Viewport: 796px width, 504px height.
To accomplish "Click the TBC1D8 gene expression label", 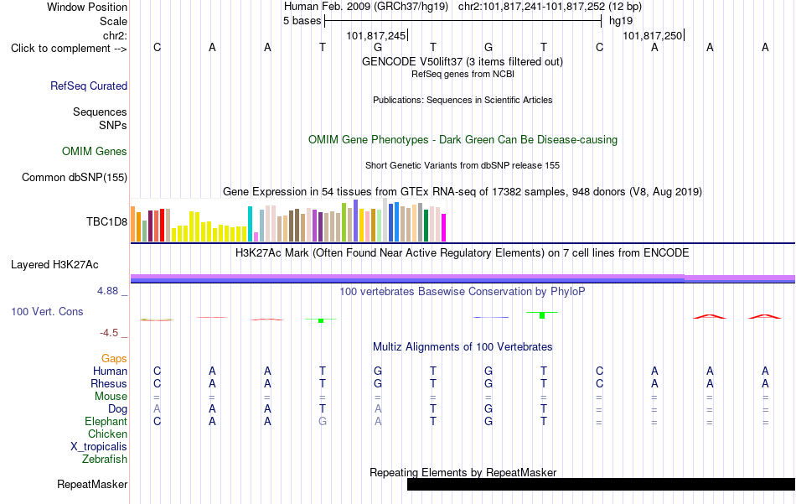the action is (106, 221).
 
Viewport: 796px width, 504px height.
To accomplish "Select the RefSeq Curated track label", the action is (89, 86).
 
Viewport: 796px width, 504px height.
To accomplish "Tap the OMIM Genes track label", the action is (95, 152).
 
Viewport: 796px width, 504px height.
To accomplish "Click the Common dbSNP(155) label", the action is (75, 177).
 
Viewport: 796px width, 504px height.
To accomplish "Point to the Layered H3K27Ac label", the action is (54, 265).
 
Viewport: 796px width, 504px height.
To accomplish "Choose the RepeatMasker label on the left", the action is (92, 484).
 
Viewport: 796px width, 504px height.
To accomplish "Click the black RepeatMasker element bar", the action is (601, 484).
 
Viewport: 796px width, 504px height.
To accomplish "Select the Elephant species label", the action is (106, 421).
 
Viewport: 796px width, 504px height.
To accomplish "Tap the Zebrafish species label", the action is (105, 459).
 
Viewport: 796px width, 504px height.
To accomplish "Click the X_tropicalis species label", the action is (99, 447).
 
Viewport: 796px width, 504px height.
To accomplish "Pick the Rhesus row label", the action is (109, 383).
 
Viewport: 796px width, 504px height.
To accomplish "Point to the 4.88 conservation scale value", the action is (107, 291).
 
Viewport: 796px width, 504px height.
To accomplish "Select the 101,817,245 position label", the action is (376, 35).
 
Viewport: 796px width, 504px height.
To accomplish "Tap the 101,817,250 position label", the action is (653, 35).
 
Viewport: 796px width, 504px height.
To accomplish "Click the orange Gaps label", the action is (114, 359).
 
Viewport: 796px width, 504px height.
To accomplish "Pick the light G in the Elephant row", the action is (323, 421).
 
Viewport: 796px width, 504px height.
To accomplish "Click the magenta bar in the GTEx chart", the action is (444, 227).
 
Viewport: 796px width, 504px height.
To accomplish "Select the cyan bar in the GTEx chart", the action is (250, 224).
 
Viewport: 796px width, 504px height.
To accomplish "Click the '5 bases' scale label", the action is (302, 21).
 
